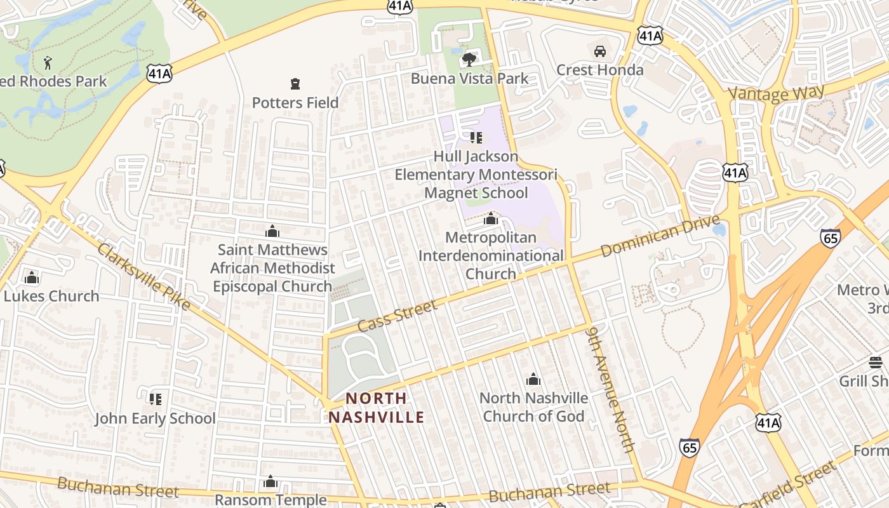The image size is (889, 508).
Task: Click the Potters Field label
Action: click(295, 102)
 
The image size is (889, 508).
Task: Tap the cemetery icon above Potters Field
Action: click(295, 83)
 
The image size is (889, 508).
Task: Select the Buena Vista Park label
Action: click(469, 79)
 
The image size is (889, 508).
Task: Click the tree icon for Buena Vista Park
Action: click(469, 60)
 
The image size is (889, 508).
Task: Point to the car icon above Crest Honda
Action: click(599, 51)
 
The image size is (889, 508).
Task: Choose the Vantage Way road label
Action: click(776, 93)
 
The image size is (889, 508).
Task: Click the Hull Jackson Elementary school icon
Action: click(476, 137)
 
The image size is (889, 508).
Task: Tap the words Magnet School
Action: click(476, 192)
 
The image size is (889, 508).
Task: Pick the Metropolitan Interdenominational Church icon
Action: click(490, 219)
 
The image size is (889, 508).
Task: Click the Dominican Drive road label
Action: click(660, 236)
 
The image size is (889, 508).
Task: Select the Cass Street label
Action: click(398, 316)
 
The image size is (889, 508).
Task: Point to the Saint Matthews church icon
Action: click(272, 231)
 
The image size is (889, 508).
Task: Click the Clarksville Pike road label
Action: click(144, 276)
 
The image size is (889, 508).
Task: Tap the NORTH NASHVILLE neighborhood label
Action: click(376, 408)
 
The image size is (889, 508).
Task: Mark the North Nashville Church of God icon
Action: click(533, 379)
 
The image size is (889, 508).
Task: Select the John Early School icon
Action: click(155, 399)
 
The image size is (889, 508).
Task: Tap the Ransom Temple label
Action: click(271, 500)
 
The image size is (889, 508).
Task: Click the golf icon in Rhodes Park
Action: click(48, 62)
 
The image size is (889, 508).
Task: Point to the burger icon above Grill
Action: click(876, 363)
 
